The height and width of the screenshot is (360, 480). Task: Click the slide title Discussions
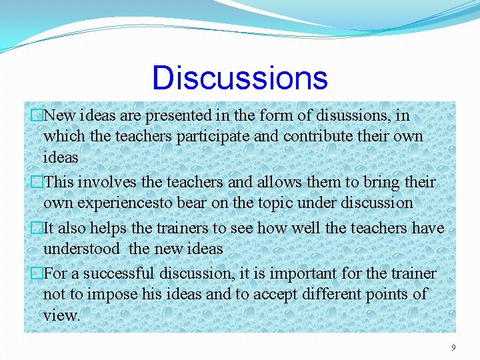pos(240,77)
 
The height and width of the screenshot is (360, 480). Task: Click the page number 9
pos(453,347)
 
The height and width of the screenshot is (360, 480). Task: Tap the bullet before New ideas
pos(37,115)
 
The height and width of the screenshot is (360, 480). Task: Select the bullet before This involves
pos(37,182)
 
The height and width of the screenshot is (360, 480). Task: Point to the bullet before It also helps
pos(37,228)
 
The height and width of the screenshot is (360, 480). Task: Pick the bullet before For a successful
pos(37,274)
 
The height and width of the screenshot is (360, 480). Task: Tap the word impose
pos(115,295)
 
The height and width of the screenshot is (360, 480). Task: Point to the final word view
pos(60,315)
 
